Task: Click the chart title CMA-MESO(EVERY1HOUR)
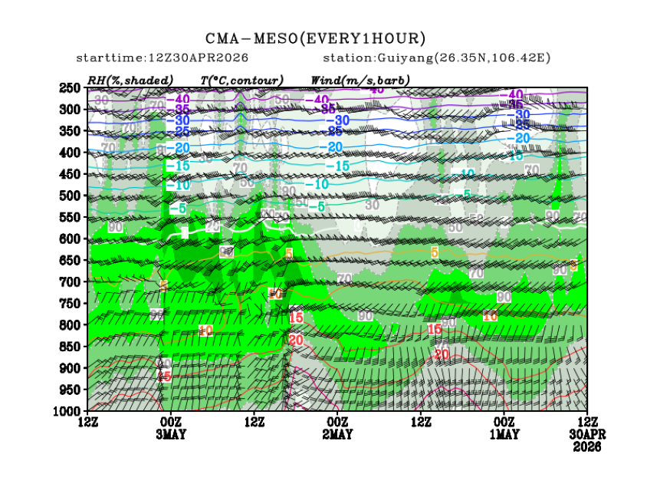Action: pyautogui.click(x=315, y=38)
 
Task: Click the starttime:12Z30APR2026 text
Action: pyautogui.click(x=162, y=58)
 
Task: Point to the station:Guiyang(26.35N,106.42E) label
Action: pyautogui.click(x=437, y=58)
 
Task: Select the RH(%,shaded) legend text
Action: pyautogui.click(x=130, y=80)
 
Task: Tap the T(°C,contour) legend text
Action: pyautogui.click(x=241, y=80)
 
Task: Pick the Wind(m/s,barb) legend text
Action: pyautogui.click(x=360, y=80)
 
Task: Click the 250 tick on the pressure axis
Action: pyautogui.click(x=70, y=88)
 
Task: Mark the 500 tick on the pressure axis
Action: pyautogui.click(x=70, y=196)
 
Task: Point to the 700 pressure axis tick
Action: pyautogui.click(x=70, y=282)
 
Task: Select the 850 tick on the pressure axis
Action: pyautogui.click(x=70, y=347)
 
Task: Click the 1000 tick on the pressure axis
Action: pyautogui.click(x=67, y=411)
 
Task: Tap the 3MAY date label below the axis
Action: pyautogui.click(x=170, y=434)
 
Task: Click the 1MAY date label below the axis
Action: pyautogui.click(x=504, y=434)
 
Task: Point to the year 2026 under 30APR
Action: pyautogui.click(x=587, y=446)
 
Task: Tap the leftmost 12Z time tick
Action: pyautogui.click(x=87, y=422)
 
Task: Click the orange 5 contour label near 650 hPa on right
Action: pyautogui.click(x=434, y=252)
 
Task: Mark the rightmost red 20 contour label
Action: pyautogui.click(x=442, y=354)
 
